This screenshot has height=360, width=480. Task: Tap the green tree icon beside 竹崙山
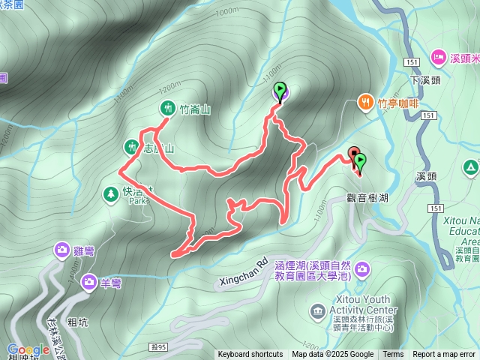pyautogui.click(x=166, y=108)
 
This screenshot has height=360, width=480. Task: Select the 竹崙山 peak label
pyautogui.click(x=195, y=109)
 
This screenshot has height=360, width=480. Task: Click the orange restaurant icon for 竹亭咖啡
pyautogui.click(x=365, y=101)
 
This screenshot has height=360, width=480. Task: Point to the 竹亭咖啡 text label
pyautogui.click(x=399, y=103)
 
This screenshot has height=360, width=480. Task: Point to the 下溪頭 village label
pyautogui.click(x=424, y=79)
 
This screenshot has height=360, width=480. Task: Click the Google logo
pyautogui.click(x=28, y=350)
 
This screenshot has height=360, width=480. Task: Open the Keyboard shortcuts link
pyautogui.click(x=250, y=355)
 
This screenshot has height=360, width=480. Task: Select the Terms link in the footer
pyautogui.click(x=393, y=355)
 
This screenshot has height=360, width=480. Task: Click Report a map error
pyautogui.click(x=445, y=355)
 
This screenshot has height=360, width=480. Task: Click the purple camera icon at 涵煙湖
pyautogui.click(x=362, y=268)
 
